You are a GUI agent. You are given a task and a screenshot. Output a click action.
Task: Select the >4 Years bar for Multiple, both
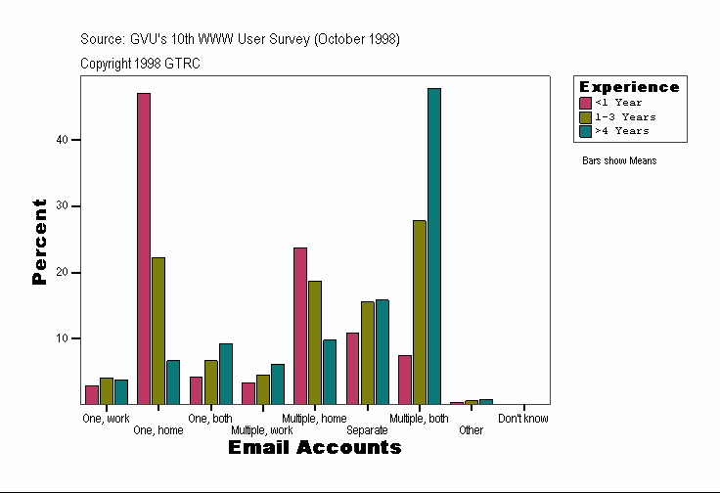pos(433,246)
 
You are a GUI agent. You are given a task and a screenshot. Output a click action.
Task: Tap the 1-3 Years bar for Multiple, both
pos(419,312)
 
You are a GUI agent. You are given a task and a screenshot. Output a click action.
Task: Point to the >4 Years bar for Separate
pos(382,351)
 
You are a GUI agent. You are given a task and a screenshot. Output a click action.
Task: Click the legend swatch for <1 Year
pos(586,103)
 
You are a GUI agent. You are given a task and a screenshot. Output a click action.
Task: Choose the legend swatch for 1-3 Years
pos(586,116)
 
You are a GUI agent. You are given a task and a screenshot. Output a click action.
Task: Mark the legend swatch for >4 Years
pos(586,130)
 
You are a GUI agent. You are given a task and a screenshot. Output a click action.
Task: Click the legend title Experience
pos(629,87)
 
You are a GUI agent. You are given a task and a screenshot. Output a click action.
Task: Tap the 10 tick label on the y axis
pos(63,338)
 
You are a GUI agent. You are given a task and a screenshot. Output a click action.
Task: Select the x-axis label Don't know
pos(523,419)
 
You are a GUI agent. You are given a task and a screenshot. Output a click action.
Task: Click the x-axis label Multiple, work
pos(261,430)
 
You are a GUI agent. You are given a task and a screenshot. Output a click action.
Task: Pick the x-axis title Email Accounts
pos(315,448)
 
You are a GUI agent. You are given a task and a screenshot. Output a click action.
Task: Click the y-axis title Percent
pos(39,242)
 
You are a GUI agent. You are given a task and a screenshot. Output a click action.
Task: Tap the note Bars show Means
pos(619,161)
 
